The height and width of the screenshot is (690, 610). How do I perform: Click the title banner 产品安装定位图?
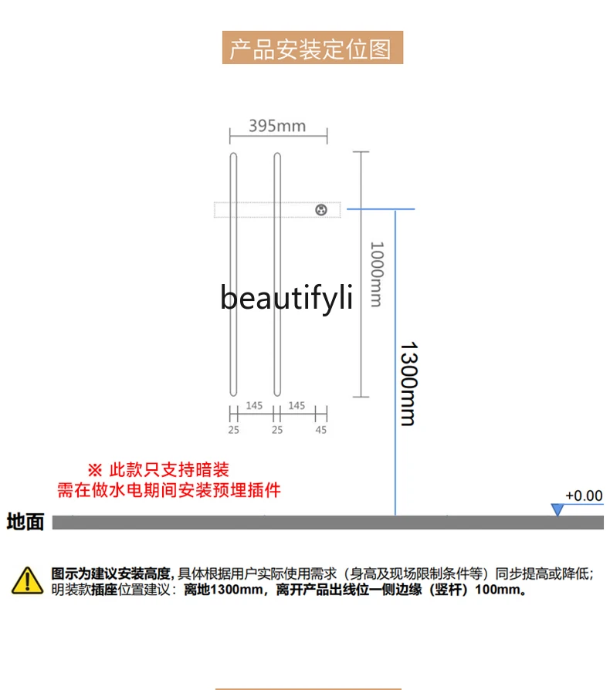pos(312,48)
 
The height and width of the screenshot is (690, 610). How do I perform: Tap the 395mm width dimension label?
pos(277,126)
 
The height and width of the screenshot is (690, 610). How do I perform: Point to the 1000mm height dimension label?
pos(376,274)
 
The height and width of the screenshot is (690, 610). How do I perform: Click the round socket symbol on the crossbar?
pos(321,209)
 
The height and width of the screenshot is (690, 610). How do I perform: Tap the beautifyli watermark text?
pos(286,296)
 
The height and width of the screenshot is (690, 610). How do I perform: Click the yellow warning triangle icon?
pos(27,580)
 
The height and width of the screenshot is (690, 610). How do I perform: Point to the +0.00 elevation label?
pos(583,496)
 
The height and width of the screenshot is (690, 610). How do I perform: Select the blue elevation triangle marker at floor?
pos(557,509)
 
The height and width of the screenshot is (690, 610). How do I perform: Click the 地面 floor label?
pos(25,523)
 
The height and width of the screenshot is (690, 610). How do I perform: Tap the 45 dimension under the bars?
pos(320,430)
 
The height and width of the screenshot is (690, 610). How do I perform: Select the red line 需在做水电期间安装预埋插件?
pos(169,490)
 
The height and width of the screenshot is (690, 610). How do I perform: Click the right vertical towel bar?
pos(277,274)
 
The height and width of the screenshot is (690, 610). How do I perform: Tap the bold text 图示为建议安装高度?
pos(110,573)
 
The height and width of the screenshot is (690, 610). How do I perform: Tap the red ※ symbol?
pos(94,469)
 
